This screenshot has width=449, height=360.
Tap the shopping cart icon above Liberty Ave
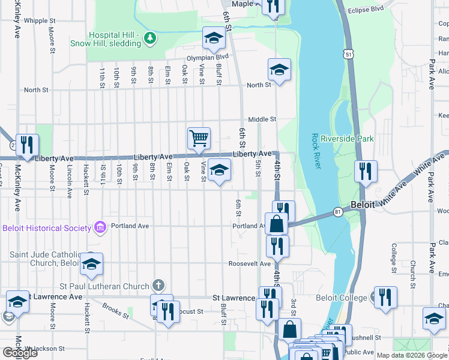pyautogui.click(x=199, y=139)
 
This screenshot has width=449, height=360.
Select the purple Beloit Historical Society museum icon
pyautogui.click(x=100, y=227)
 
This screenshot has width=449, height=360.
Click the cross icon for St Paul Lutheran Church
pyautogui.click(x=158, y=284)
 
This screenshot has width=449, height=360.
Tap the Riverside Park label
pyautogui.click(x=347, y=139)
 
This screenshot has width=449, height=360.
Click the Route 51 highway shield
pyautogui.click(x=349, y=55)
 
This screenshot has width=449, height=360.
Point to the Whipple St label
pyautogui.click(x=40, y=20)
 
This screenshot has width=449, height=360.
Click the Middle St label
pyautogui.click(x=262, y=119)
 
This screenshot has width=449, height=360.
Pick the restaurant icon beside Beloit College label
pyautogui.click(x=385, y=297)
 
